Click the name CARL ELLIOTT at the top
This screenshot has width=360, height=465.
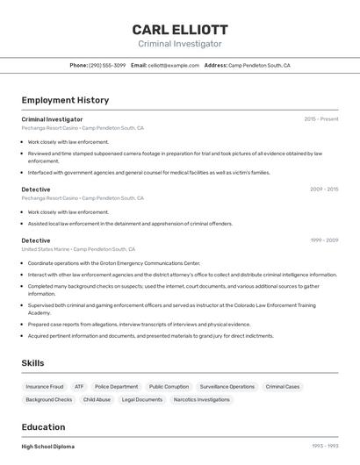tap(180, 30)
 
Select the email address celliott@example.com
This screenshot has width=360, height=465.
tap(173, 65)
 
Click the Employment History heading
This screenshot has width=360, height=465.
tap(65, 100)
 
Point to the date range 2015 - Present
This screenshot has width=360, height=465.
tap(321, 119)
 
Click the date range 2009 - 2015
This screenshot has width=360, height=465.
tap(324, 190)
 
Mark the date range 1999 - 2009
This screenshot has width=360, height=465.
tap(324, 240)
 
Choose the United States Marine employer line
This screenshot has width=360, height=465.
tap(78, 249)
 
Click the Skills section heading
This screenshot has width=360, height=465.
tap(32, 363)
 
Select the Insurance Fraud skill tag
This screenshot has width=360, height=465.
tap(45, 386)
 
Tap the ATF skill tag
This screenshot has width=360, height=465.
tap(79, 386)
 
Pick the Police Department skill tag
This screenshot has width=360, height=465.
tap(117, 386)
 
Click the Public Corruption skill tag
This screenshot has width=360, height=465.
tap(169, 386)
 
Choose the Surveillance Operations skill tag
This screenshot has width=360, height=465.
tap(227, 386)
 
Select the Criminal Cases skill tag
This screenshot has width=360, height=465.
tap(283, 386)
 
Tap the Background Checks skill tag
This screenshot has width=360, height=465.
tap(49, 399)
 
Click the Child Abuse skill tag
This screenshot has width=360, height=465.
tap(97, 399)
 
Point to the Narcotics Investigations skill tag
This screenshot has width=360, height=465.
tap(202, 399)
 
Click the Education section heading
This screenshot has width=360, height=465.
tap(43, 427)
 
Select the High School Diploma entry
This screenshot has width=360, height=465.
tap(47, 447)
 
